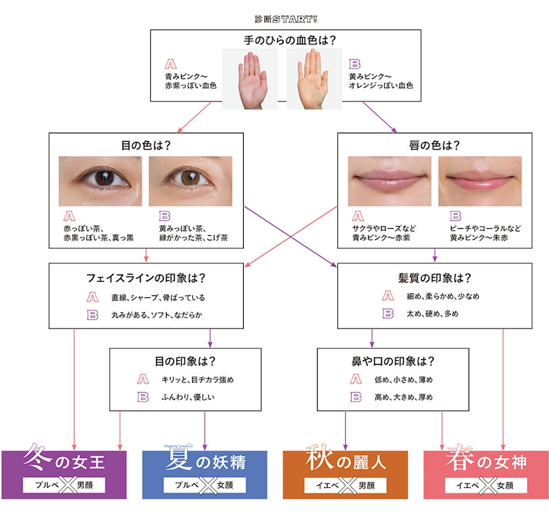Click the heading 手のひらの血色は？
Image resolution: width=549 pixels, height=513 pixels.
point(290,41)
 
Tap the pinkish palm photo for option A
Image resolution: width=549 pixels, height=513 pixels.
point(250,79)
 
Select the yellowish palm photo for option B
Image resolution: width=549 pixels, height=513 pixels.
point(314,79)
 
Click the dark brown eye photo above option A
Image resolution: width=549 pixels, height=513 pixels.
point(101,181)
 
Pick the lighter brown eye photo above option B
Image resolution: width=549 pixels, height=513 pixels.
point(190,181)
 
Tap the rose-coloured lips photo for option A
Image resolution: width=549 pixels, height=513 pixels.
point(390,181)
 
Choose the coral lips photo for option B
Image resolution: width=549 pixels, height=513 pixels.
point(480,181)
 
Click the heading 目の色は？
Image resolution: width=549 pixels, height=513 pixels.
point(146,145)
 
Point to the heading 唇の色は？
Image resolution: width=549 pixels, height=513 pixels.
point(435,145)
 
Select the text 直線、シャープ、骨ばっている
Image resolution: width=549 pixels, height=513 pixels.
point(158,297)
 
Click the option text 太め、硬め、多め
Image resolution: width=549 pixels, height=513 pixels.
point(433,314)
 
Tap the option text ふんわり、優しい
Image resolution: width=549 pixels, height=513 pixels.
point(188,397)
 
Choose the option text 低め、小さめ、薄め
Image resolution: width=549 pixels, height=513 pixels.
point(404,380)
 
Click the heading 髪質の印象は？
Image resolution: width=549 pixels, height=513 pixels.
point(435,278)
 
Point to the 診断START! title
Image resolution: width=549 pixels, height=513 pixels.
point(286,19)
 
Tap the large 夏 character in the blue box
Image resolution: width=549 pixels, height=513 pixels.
point(179,457)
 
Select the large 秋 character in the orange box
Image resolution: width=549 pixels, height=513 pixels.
point(319,457)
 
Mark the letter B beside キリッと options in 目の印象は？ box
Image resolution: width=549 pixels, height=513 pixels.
point(143,397)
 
